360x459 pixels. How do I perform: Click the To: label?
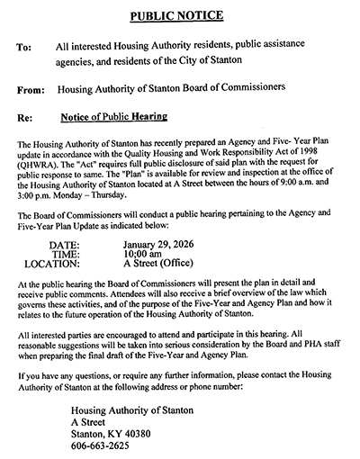click(25, 45)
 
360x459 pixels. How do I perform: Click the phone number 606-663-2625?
click(100, 445)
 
